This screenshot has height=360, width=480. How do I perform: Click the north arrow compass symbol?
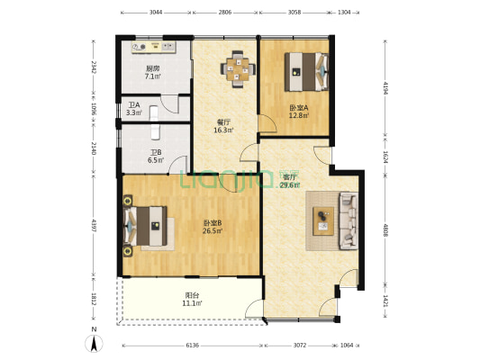pos(94,343)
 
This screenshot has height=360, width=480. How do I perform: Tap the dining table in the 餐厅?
pos(238,69)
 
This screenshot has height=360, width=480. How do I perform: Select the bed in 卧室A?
pos(306,72)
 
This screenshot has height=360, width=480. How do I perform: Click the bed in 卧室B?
pos(145,226)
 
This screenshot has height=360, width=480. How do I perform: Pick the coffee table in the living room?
pos(323,221)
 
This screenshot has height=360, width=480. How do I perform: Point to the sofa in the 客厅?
pos(348,220)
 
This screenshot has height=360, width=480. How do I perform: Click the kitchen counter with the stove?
pos(154,48)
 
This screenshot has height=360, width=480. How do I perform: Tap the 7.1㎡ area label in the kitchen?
pos(153,76)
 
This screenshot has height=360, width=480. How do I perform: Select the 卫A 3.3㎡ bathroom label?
pos(134,109)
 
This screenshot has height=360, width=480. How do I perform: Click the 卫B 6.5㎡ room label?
pos(156,156)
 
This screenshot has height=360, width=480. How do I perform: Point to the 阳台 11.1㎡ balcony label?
pos(192,300)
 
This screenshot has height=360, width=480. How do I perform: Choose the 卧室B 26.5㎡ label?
pos(213,227)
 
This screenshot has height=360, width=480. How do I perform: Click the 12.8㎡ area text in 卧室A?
pos(299,115)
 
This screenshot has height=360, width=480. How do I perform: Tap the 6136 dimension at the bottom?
pos(193,346)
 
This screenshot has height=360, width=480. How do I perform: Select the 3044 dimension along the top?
pos(156,13)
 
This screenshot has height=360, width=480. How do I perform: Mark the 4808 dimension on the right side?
pos(385,230)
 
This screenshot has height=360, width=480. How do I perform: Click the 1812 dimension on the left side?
pos(94,299)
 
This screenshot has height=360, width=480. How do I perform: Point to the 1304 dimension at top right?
pos(344,13)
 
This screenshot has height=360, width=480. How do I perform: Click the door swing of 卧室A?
pos(267,123)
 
